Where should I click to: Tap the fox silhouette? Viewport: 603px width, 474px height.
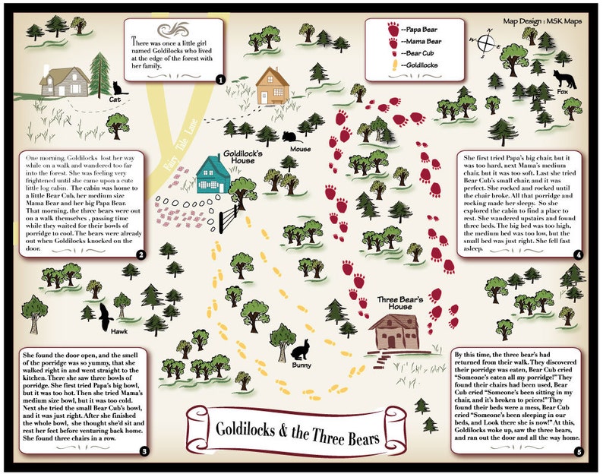[563, 80]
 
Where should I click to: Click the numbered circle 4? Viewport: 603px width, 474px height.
[579, 255]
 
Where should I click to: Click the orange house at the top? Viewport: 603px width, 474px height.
[270, 86]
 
